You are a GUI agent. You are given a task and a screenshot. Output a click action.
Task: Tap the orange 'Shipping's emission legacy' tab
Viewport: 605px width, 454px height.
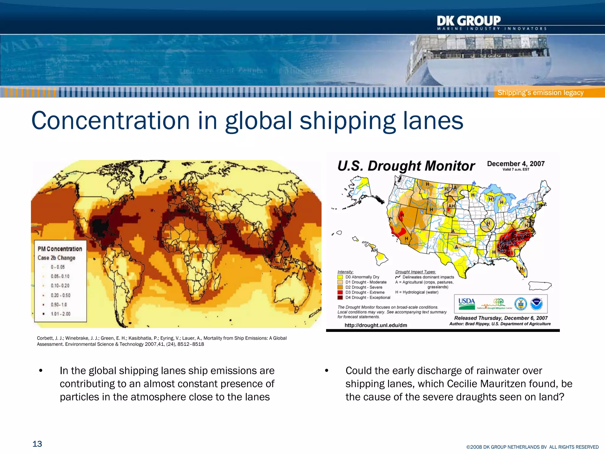click(x=540, y=93)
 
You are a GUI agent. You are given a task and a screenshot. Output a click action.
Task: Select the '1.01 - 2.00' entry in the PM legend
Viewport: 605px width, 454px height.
click(x=61, y=314)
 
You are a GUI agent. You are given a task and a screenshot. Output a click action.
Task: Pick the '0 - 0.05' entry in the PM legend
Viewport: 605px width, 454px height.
click(x=58, y=267)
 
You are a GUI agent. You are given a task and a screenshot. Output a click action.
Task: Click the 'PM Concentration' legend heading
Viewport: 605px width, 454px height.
click(x=60, y=249)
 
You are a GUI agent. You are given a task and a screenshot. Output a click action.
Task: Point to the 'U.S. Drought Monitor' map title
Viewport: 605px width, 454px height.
click(x=406, y=166)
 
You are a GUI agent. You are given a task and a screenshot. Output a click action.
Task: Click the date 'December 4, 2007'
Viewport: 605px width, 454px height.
click(x=515, y=164)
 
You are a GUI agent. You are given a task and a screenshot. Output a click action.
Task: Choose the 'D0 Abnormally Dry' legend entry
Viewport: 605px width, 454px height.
click(x=362, y=277)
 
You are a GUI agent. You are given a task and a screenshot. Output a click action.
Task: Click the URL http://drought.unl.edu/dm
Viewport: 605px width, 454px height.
click(x=376, y=325)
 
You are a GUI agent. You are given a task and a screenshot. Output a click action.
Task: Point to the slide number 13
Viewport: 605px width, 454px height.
click(x=37, y=444)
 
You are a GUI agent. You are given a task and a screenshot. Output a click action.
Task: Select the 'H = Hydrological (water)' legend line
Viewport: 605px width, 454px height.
click(x=417, y=292)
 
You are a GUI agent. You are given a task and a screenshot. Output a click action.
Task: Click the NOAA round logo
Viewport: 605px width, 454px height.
click(x=536, y=304)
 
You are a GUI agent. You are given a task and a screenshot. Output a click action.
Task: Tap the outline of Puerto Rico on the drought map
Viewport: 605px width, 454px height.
click(x=539, y=286)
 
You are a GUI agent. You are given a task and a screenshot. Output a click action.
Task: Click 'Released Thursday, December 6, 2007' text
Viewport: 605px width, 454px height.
click(x=501, y=318)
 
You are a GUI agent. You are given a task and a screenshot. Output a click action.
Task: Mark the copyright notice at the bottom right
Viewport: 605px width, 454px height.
click(x=532, y=447)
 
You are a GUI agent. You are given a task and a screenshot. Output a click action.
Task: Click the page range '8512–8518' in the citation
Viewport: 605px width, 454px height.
click(x=191, y=344)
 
